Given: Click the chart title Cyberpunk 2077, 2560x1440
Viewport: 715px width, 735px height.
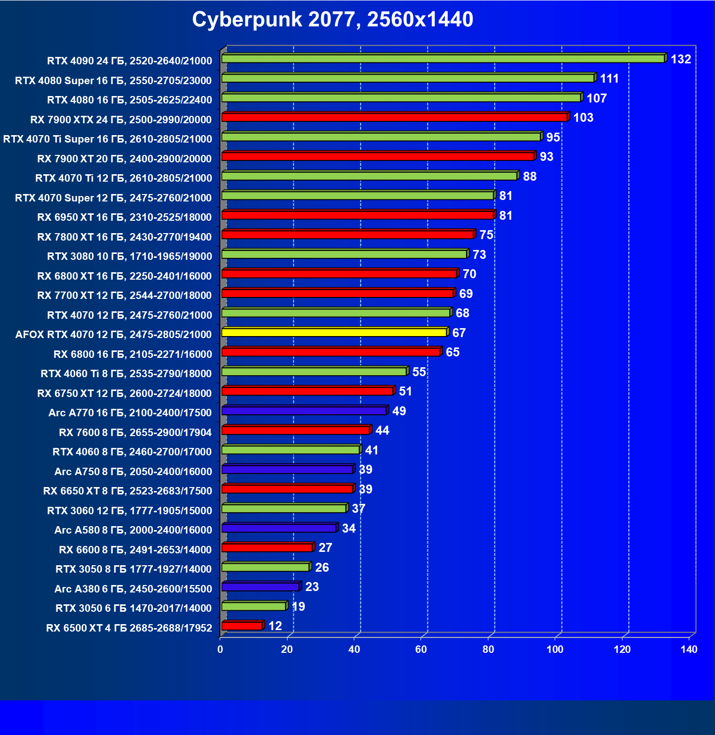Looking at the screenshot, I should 333,19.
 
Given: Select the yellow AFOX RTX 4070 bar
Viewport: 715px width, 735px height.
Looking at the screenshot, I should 334,332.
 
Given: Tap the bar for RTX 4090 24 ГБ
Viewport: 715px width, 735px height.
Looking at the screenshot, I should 443,59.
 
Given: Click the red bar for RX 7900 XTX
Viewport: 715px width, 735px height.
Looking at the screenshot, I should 394,117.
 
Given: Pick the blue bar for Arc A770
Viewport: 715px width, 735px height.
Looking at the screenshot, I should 304,411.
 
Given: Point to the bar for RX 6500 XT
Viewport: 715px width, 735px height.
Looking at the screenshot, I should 242,626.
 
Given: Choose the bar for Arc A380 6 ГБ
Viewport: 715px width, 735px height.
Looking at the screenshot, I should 260,587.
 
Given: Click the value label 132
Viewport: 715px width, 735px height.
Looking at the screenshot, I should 680,59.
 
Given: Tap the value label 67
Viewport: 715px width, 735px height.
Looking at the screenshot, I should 459,333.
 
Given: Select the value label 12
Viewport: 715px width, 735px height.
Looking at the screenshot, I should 275,626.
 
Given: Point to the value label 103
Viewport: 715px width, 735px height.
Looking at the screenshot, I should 583,118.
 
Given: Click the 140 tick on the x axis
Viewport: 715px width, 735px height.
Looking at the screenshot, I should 689,649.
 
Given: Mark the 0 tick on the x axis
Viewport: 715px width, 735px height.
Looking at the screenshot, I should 220,649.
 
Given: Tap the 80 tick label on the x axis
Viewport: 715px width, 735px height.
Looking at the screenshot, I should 488,649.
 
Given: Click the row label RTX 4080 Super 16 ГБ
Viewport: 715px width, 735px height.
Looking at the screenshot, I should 113,81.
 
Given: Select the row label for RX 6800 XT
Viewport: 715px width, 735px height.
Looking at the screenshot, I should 124,276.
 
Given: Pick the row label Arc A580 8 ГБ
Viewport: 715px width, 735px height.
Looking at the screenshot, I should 133,530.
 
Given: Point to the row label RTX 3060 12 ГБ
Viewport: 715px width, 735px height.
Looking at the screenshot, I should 129,511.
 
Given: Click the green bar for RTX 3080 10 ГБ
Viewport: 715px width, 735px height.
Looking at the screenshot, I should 344,254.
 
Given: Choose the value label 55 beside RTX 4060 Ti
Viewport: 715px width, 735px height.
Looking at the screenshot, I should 419,372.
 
